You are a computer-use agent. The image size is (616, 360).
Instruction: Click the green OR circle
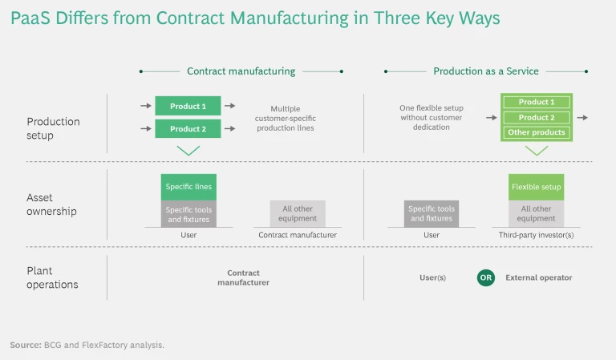pyautogui.click(x=486, y=278)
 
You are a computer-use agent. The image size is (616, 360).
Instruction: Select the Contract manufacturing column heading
pyautogui.click(x=241, y=71)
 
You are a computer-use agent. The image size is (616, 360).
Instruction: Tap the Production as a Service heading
pyautogui.click(x=486, y=71)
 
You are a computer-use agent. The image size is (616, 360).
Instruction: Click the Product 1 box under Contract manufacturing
pyautogui.click(x=188, y=106)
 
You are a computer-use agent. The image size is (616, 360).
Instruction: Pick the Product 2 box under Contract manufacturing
pyautogui.click(x=188, y=128)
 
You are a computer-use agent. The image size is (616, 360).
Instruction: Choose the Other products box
pyautogui.click(x=537, y=132)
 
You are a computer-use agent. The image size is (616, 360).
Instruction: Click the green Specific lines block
pyautogui.click(x=188, y=187)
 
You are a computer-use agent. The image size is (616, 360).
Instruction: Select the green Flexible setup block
pyautogui.click(x=537, y=187)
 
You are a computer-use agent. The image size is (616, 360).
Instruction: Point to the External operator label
pyautogui.click(x=539, y=278)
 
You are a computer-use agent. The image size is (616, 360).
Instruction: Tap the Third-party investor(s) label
pyautogui.click(x=537, y=235)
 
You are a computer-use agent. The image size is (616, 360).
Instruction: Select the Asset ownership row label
pyautogui.click(x=51, y=205)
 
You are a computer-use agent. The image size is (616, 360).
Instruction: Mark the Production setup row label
pyautogui.click(x=53, y=128)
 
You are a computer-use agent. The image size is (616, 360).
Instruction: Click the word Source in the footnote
pyautogui.click(x=26, y=345)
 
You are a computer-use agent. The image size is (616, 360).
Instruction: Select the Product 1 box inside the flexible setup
pyautogui.click(x=537, y=103)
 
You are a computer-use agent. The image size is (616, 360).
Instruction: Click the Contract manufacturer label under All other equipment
pyautogui.click(x=298, y=235)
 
